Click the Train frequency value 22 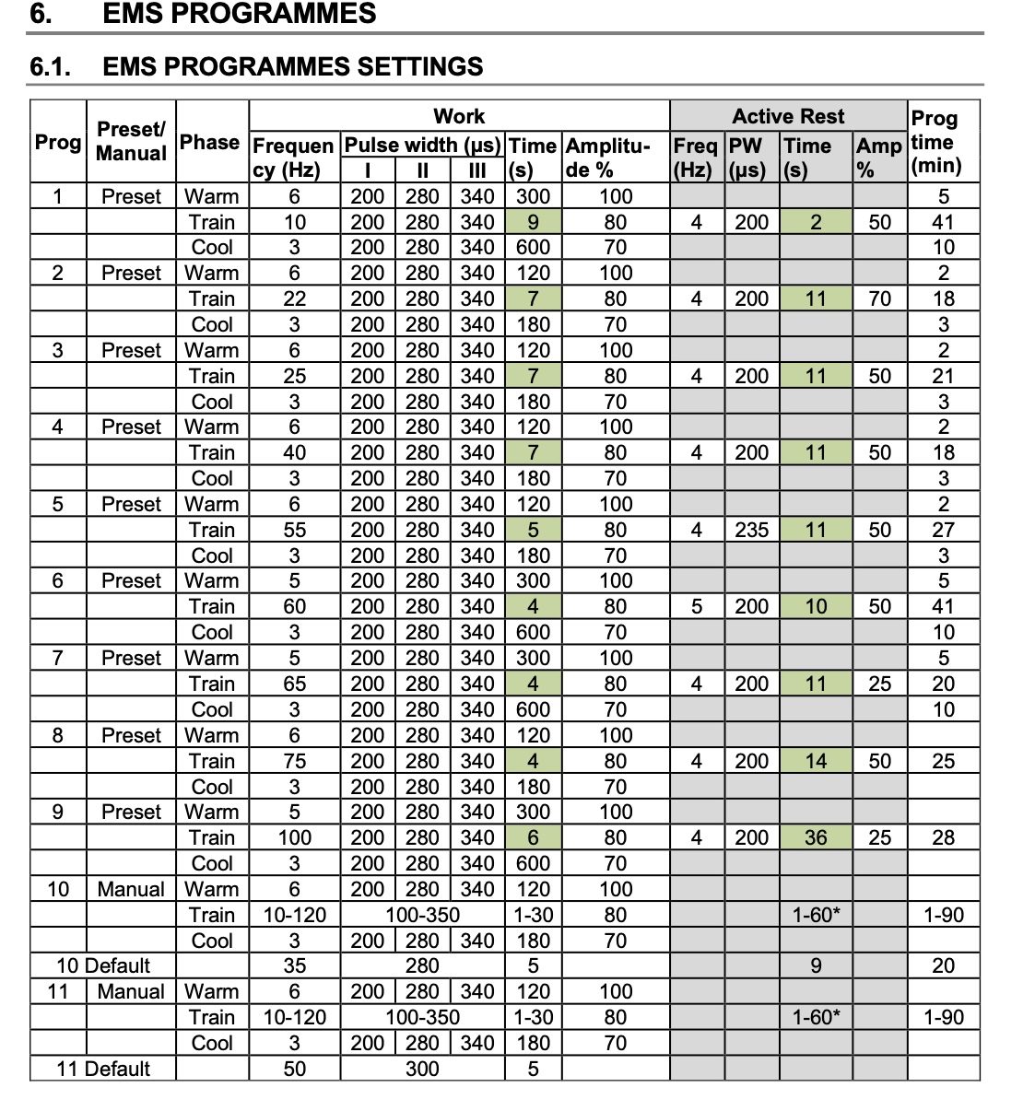coord(294,298)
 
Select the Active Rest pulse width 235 coord(751,530)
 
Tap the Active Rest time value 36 coord(816,837)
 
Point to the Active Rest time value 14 coord(816,761)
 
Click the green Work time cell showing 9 coord(533,222)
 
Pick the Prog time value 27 coord(943,530)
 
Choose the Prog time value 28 coord(943,837)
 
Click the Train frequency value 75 coord(294,761)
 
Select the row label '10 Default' coord(102,965)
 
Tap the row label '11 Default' coord(102,1069)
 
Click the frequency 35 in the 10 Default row coord(294,965)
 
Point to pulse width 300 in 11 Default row coord(422,1069)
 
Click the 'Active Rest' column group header coord(788,116)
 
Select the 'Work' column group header coord(459,116)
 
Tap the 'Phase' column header coord(211,142)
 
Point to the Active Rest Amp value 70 coord(879,298)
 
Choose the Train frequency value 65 coord(294,684)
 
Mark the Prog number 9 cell coord(57,812)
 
